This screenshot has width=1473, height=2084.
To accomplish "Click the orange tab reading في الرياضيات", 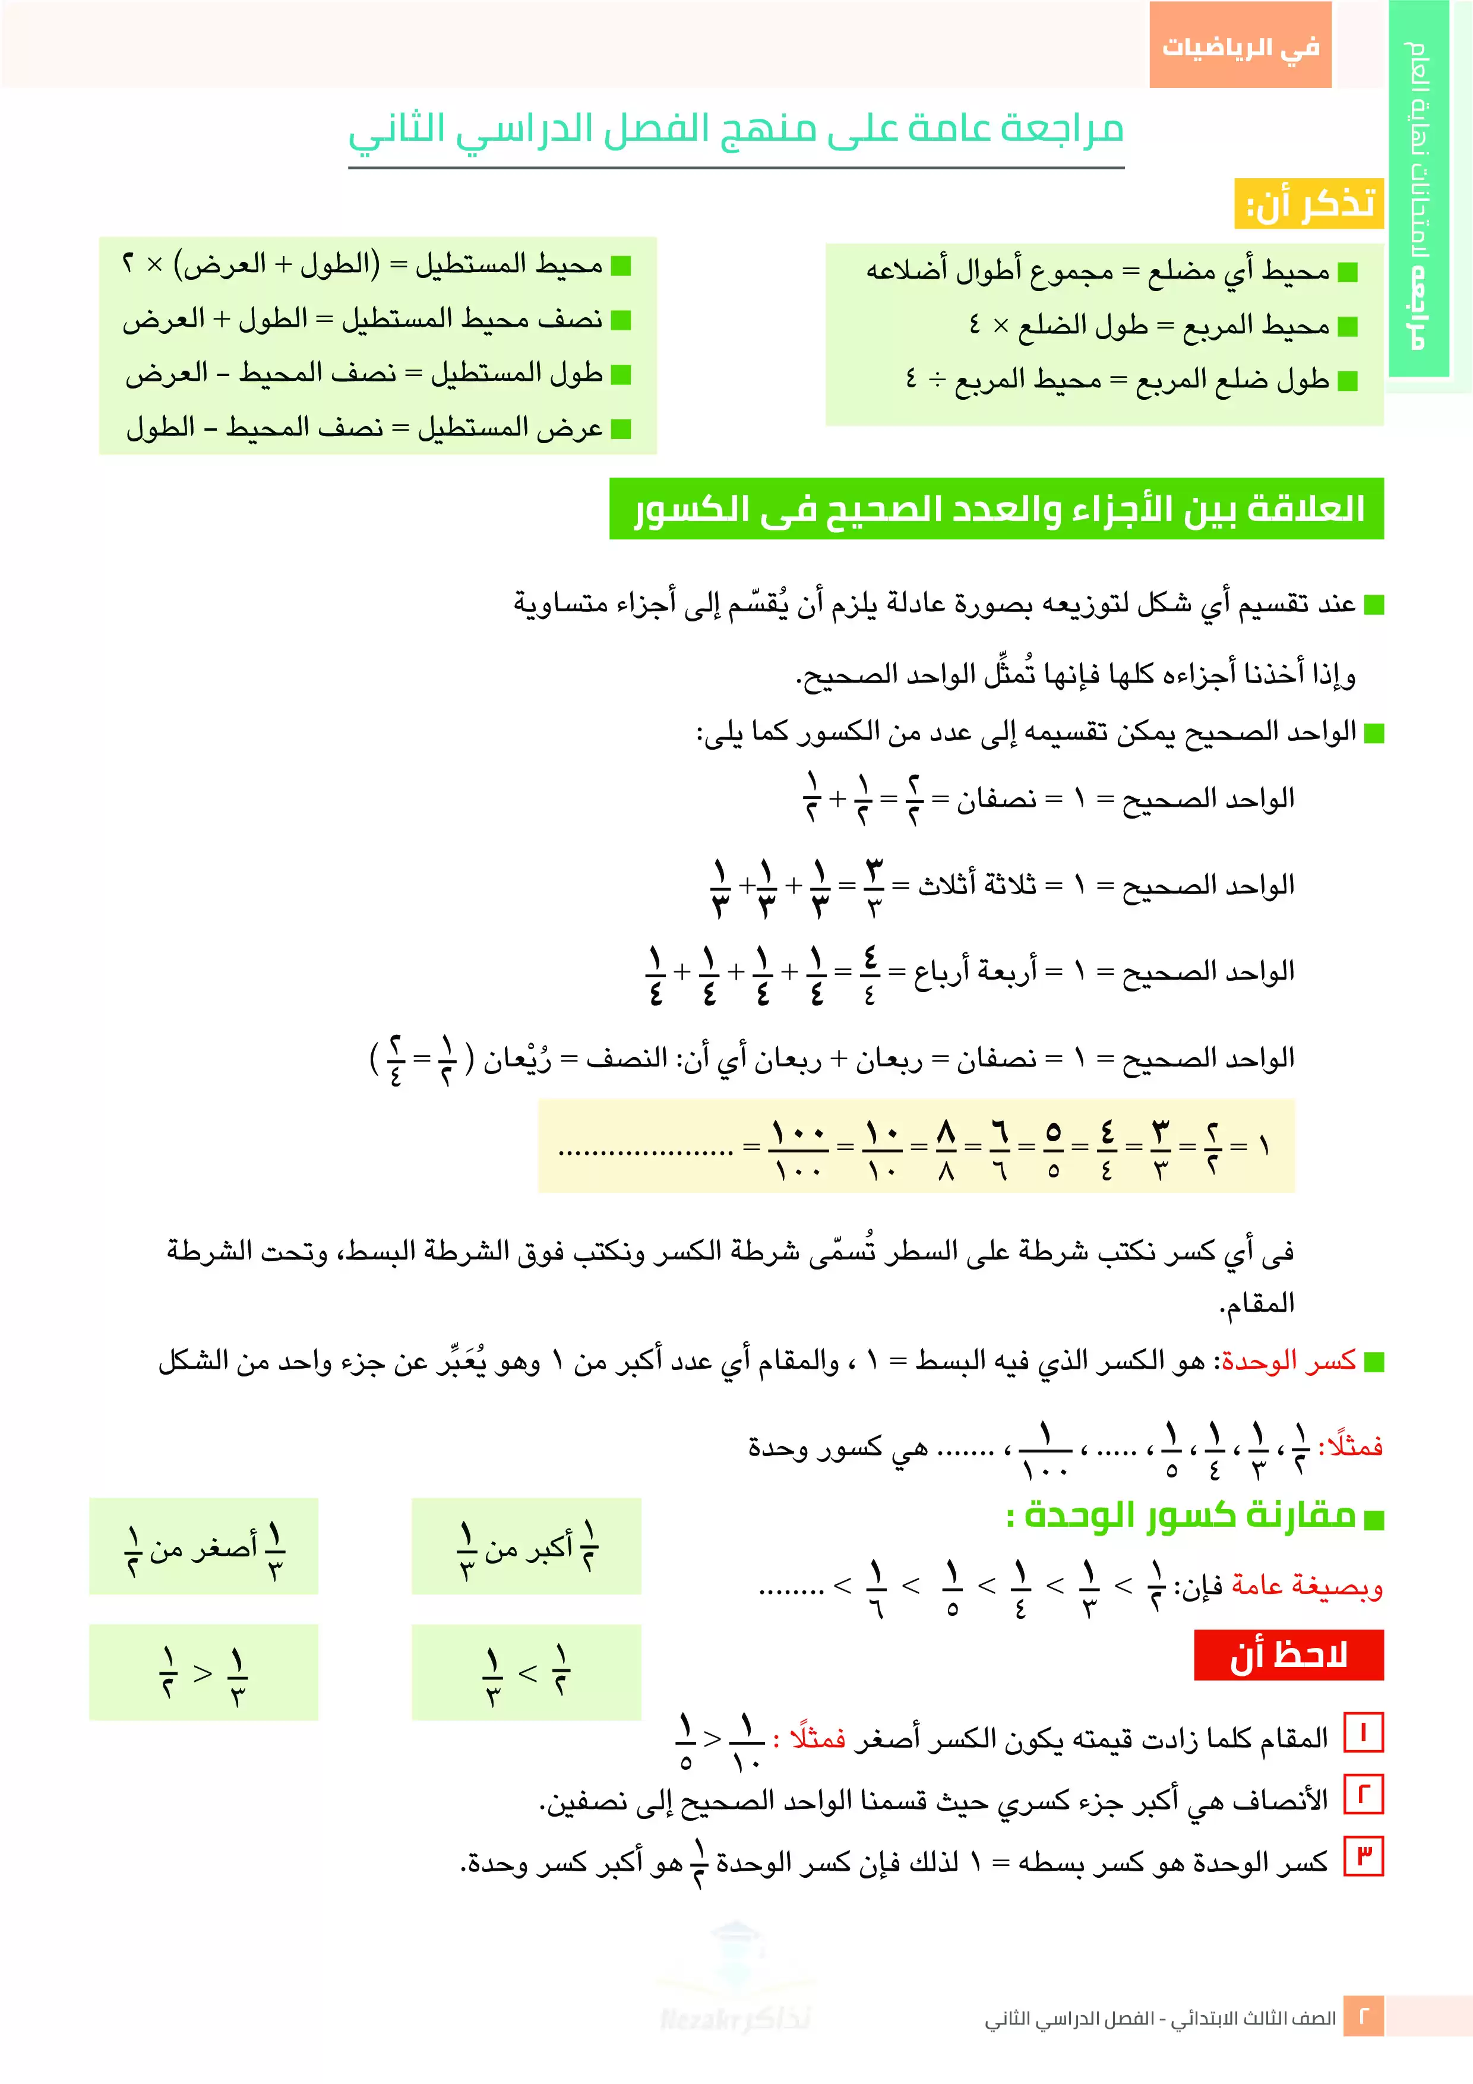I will point(1240,45).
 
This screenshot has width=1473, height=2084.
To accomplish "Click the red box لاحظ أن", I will point(1288,1654).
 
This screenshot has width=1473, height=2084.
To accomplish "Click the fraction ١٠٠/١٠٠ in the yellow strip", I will point(798,1147).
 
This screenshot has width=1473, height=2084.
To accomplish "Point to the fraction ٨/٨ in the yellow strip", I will point(946,1147).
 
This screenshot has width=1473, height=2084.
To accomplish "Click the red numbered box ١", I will point(1363,1735).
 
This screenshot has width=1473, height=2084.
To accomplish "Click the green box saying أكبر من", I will point(526,1546).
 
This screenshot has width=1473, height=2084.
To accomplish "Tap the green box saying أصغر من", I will point(204,1546).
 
